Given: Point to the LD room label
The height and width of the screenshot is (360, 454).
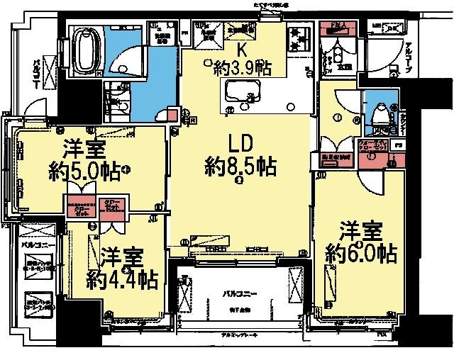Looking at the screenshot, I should pos(238,142).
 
